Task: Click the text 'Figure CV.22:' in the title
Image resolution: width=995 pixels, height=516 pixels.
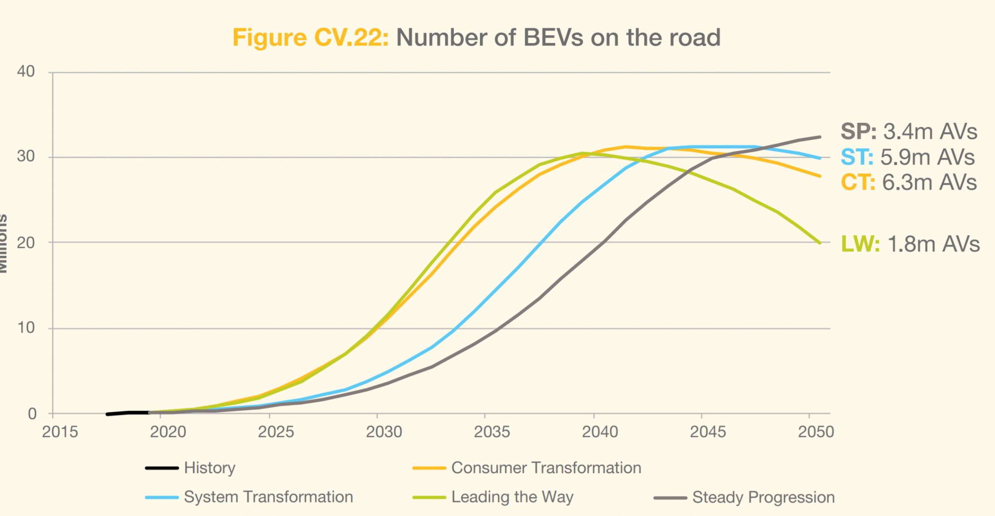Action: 310,38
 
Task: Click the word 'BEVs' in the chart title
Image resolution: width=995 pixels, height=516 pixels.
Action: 553,38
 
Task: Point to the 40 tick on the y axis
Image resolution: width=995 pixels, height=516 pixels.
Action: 26,71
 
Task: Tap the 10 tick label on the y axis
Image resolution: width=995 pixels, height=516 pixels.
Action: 26,328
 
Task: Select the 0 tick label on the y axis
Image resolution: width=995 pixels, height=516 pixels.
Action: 32,414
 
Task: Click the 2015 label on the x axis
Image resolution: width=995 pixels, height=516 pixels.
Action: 60,432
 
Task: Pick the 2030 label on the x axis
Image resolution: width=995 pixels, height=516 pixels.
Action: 384,432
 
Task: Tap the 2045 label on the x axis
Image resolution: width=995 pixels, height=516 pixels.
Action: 708,432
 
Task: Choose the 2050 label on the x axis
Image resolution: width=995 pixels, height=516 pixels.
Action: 816,432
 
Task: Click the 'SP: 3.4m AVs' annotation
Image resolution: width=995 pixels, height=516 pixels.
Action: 908,131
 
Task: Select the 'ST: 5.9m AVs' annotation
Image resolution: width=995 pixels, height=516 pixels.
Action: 908,157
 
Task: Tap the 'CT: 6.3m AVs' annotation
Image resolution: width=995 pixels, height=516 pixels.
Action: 908,182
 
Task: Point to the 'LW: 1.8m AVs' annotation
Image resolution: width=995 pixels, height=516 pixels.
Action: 910,244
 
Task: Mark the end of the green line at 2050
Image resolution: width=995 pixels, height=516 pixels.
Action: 820,243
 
